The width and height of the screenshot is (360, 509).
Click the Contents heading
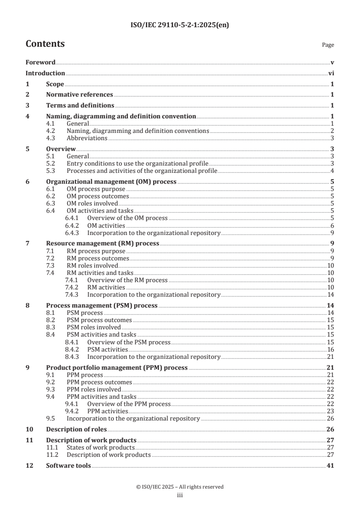45,44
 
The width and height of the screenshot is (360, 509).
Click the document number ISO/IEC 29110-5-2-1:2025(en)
180,25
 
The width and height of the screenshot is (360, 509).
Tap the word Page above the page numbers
328,45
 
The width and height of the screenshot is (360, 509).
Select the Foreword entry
40,62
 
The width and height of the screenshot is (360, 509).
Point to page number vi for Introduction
331,73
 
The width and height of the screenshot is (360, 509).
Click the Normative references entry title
79,94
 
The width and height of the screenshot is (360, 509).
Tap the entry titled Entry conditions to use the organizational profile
138,163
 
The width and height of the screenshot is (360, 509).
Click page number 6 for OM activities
332,225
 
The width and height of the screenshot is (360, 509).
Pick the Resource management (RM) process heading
103,243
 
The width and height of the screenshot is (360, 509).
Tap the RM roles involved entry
92,265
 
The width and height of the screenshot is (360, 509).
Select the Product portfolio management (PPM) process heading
117,367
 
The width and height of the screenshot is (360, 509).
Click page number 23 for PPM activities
330,411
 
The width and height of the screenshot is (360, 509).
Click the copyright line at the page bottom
180,487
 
